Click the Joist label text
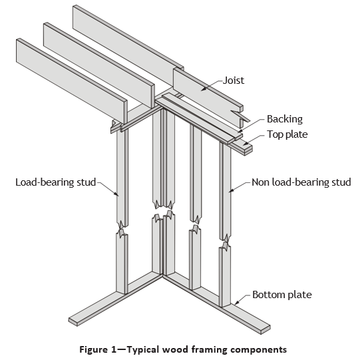[234, 81]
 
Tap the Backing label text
[285, 119]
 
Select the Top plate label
[287, 134]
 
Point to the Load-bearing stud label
[56, 182]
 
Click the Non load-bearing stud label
[301, 182]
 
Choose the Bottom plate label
[282, 295]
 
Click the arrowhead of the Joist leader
[203, 89]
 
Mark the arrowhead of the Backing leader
[240, 130]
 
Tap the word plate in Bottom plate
[300, 295]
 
